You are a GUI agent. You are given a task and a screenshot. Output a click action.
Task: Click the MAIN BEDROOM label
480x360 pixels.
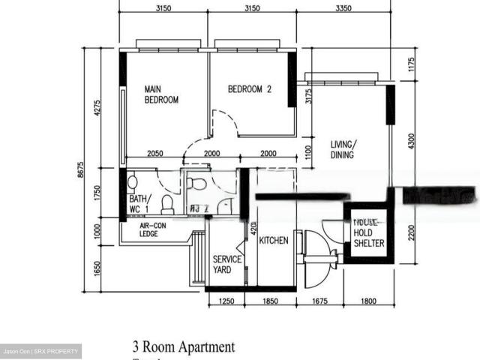click(x=161, y=94)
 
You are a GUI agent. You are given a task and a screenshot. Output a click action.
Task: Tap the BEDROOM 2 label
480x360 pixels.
click(x=250, y=89)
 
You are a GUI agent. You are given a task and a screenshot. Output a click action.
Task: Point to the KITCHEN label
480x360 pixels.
click(x=274, y=241)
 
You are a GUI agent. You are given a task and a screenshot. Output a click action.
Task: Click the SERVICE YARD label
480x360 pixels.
click(x=227, y=264)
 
